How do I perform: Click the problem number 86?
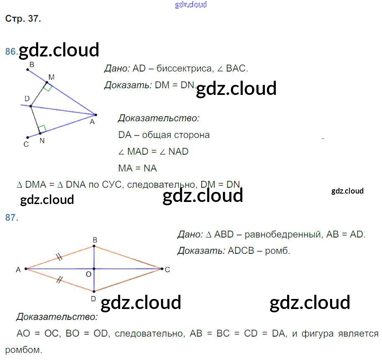click(x=10, y=51)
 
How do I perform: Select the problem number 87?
click(x=11, y=217)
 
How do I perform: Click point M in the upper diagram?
click(x=47, y=83)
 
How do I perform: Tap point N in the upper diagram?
click(x=40, y=133)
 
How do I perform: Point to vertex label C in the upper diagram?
click(x=26, y=144)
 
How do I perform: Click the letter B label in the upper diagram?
click(x=32, y=64)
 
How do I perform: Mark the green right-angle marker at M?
click(x=49, y=87)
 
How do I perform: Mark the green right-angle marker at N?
click(x=42, y=128)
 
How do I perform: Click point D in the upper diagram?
click(x=31, y=106)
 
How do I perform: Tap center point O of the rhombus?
click(x=94, y=269)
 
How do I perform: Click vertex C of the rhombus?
click(x=162, y=269)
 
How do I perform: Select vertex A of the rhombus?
click(x=26, y=269)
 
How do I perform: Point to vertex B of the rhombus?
click(x=94, y=246)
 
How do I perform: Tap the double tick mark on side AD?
click(x=59, y=280)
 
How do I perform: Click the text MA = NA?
click(x=138, y=168)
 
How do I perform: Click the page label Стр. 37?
click(x=23, y=19)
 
